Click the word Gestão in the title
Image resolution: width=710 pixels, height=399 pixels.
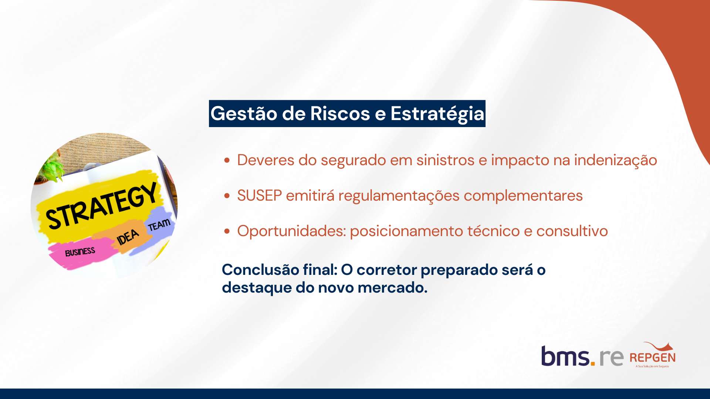244,114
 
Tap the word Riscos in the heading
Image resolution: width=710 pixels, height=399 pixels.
340,113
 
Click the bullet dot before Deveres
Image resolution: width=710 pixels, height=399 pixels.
227,160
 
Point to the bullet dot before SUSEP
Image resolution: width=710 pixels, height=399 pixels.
227,196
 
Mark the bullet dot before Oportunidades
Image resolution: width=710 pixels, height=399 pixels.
227,231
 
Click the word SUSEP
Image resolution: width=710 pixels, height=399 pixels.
260,195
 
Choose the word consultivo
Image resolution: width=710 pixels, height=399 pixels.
572,231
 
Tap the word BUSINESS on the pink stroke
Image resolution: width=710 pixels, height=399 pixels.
80,252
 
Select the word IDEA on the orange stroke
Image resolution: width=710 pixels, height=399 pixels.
128,237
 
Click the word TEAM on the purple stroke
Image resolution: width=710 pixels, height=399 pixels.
159,225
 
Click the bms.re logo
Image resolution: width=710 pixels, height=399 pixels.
582,356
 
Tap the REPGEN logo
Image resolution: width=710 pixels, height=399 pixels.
653,355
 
